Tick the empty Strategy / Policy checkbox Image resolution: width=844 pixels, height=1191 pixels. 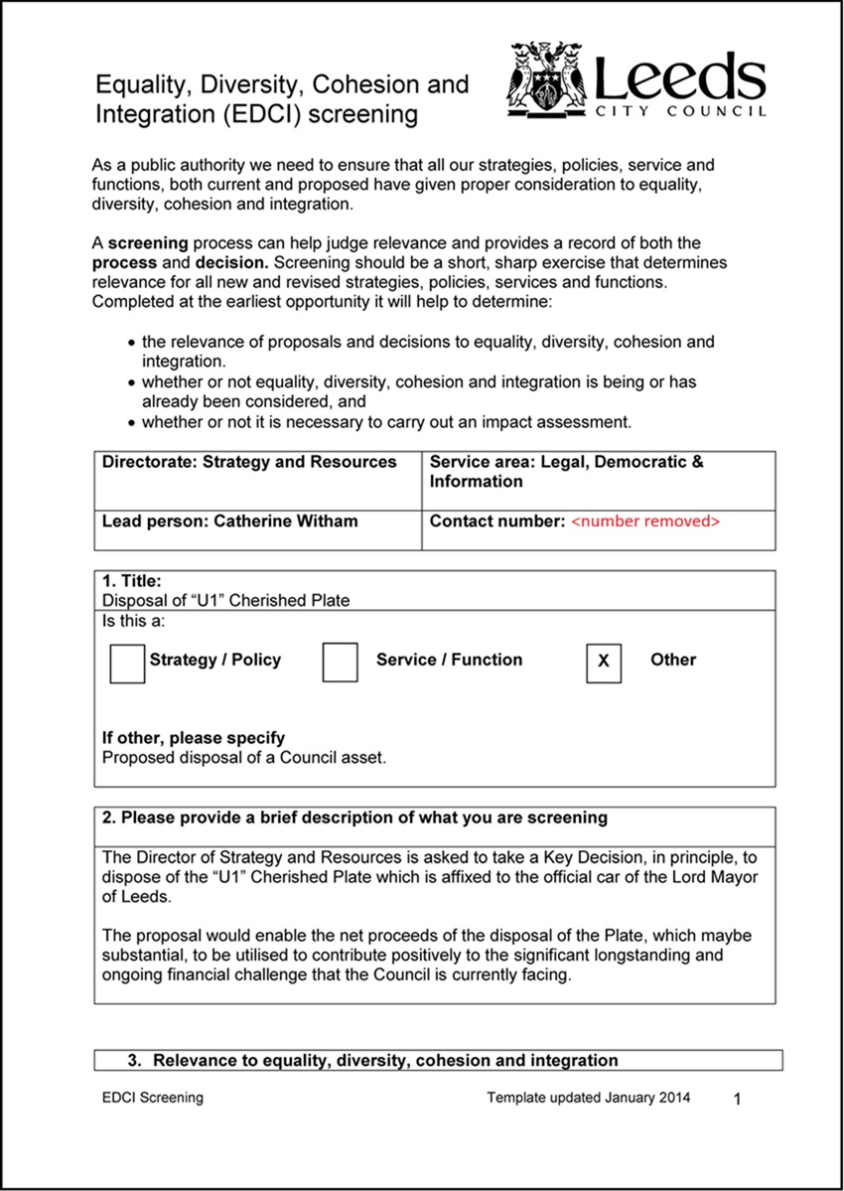[x=127, y=664]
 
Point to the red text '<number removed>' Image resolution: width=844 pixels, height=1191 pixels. [x=645, y=521]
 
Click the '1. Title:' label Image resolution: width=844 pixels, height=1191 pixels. [x=131, y=582]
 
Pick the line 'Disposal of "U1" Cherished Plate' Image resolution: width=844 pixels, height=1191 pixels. [x=226, y=600]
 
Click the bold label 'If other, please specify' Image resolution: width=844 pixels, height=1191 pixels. [x=194, y=738]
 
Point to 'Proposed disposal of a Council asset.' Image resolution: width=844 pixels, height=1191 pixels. [x=244, y=757]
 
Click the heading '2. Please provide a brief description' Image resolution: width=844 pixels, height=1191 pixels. [x=354, y=819]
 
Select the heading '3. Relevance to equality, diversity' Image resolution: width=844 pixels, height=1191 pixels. [x=372, y=1061]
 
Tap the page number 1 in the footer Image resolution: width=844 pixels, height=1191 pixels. [x=737, y=1099]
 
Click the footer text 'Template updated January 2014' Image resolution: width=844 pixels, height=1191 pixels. [x=589, y=1098]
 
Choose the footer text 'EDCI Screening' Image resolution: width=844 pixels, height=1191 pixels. [x=152, y=1098]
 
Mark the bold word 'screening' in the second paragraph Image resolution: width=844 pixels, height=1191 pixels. [x=146, y=243]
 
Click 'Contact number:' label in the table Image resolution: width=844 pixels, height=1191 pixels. [x=496, y=521]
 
